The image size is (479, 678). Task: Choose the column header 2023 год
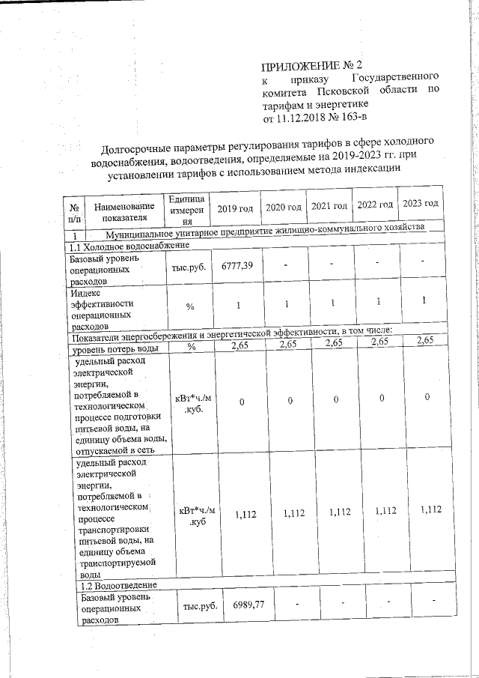[x=421, y=205]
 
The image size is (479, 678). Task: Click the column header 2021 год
[x=330, y=205]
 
